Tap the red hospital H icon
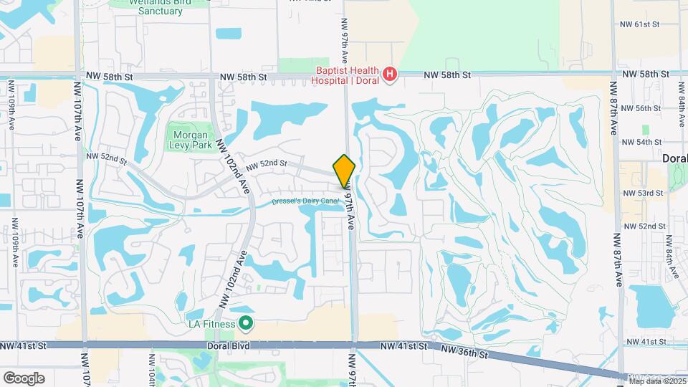pos(389,74)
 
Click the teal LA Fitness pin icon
pos(246,324)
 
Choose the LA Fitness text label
pos(211,324)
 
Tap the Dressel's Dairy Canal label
pos(305,201)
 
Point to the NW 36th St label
pos(466,350)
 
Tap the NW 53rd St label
pos(641,193)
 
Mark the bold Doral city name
pos(674,158)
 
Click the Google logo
pos(24,378)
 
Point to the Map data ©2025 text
pos(656,380)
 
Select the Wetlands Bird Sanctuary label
pos(150,6)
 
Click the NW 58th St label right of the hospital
pos(447,75)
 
